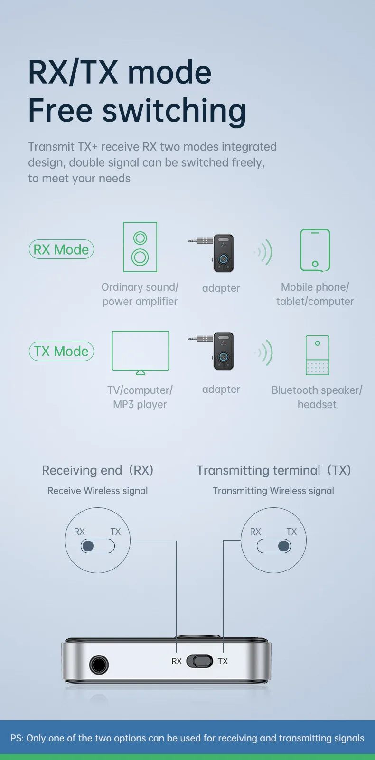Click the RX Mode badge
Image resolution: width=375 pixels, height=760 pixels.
click(61, 249)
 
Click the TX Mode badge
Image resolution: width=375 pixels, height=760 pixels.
click(61, 351)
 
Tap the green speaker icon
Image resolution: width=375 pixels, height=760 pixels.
click(140, 247)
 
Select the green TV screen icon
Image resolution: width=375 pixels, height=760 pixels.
click(141, 351)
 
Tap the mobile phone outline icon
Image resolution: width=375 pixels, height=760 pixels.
click(315, 250)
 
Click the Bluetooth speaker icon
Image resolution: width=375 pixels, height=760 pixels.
click(317, 355)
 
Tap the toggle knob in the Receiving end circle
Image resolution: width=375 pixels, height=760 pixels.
click(88, 546)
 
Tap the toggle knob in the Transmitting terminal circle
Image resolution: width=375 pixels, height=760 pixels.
click(283, 546)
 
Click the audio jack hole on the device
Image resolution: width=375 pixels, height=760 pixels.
click(99, 665)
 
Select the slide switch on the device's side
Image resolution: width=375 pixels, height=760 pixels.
click(199, 661)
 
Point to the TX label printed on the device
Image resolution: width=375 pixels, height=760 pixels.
click(223, 661)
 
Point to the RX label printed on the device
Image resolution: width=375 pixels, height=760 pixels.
click(177, 661)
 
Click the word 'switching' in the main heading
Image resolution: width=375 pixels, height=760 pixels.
click(174, 111)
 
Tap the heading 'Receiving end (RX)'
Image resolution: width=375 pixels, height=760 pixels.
click(98, 470)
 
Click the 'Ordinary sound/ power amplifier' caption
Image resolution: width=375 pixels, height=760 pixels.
click(140, 294)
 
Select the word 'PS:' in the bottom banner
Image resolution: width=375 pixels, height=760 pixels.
click(17, 738)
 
